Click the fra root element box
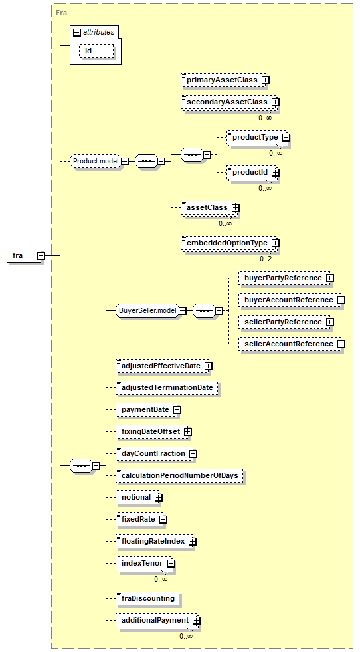(x=24, y=255)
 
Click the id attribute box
(x=96, y=51)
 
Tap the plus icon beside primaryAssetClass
(x=265, y=80)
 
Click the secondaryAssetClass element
(x=227, y=102)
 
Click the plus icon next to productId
(x=275, y=173)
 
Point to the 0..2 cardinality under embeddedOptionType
(x=266, y=259)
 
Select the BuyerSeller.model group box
(x=147, y=310)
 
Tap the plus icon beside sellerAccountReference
(x=341, y=344)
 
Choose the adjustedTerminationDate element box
(x=167, y=387)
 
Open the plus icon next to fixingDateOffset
(x=188, y=431)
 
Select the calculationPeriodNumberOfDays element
(x=179, y=475)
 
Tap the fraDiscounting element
(x=147, y=598)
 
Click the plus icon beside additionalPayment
(x=196, y=620)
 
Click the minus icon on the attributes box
(x=76, y=32)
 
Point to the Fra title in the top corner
(x=61, y=13)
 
